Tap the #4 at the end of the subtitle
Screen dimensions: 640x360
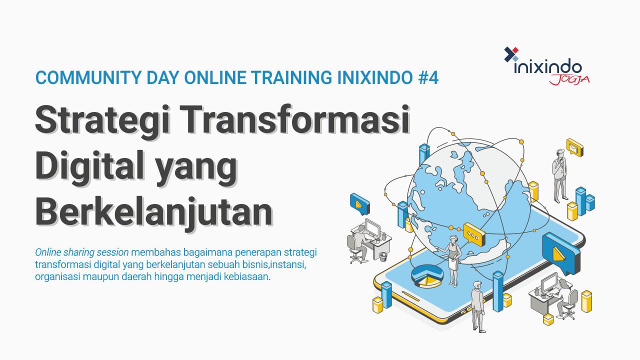[428, 77]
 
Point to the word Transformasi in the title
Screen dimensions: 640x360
[295, 119]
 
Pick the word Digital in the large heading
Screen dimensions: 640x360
[89, 165]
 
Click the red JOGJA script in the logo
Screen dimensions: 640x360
[569, 79]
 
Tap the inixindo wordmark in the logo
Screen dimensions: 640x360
[547, 66]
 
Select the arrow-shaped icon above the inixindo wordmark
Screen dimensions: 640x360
[511, 54]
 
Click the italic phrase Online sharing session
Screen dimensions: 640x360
[81, 252]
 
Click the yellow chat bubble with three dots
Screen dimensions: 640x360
[474, 234]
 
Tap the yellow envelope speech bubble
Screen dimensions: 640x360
[574, 147]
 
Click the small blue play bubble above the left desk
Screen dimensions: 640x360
[359, 204]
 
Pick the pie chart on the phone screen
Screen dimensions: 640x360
[427, 275]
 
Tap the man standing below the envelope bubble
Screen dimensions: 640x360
[559, 175]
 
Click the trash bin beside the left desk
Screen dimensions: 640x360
[383, 257]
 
